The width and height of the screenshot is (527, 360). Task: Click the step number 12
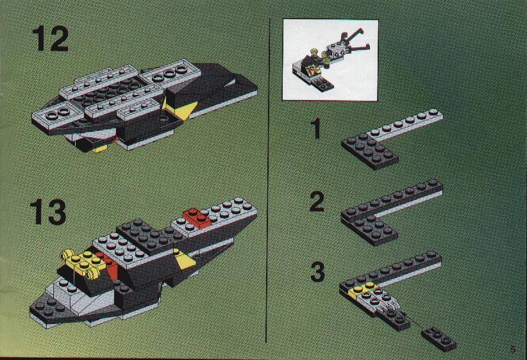(50, 39)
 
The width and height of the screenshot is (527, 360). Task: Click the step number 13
(48, 211)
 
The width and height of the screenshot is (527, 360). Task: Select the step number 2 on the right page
(317, 202)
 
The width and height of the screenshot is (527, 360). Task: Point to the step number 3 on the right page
(317, 272)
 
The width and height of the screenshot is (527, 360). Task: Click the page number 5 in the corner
(512, 349)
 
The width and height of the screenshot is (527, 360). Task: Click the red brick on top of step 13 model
(197, 218)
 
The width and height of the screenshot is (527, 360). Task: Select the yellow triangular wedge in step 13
(184, 259)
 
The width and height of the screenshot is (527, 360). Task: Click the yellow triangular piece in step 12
(180, 108)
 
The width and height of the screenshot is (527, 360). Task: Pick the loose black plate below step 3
(439, 339)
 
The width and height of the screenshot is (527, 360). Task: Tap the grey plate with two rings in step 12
(54, 116)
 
